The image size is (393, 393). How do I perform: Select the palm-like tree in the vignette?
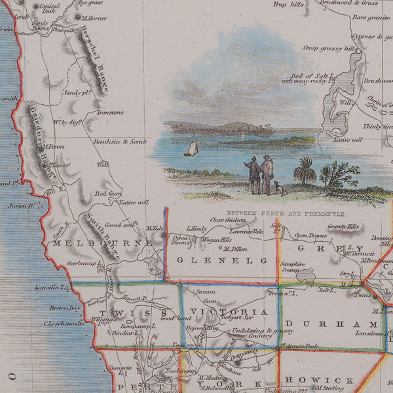coord(305,172)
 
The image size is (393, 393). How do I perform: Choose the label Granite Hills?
coord(343,227)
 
